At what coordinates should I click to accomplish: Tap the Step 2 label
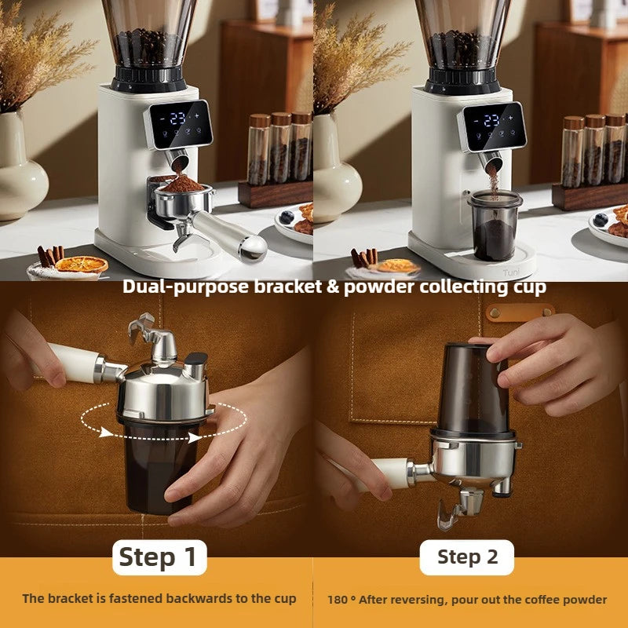coord(467,557)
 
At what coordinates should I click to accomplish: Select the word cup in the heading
coord(529,287)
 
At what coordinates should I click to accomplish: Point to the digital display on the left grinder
coord(178,122)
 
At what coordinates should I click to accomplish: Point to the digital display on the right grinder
coord(492,122)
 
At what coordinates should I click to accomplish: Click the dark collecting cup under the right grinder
coord(494,227)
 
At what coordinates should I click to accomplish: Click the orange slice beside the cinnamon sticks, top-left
coord(82,265)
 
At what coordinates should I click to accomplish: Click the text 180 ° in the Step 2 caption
coord(342,599)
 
